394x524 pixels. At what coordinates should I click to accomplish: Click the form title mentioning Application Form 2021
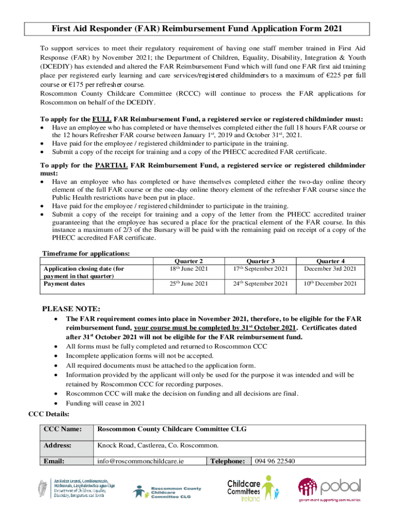(196, 29)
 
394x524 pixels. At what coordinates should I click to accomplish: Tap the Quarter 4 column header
(330, 261)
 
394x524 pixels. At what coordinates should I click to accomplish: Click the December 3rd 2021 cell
(330, 269)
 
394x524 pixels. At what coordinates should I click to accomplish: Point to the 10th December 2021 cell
(330, 283)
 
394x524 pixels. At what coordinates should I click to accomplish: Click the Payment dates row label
(64, 283)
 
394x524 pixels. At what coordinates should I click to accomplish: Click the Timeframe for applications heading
(85, 253)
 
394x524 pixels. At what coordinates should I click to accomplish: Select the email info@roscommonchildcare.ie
(141, 461)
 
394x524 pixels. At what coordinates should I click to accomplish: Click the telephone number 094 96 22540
(275, 461)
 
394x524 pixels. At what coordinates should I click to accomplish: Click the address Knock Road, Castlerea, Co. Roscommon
(158, 445)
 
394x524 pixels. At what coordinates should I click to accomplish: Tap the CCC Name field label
(62, 429)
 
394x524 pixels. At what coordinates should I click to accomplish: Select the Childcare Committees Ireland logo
(253, 489)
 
